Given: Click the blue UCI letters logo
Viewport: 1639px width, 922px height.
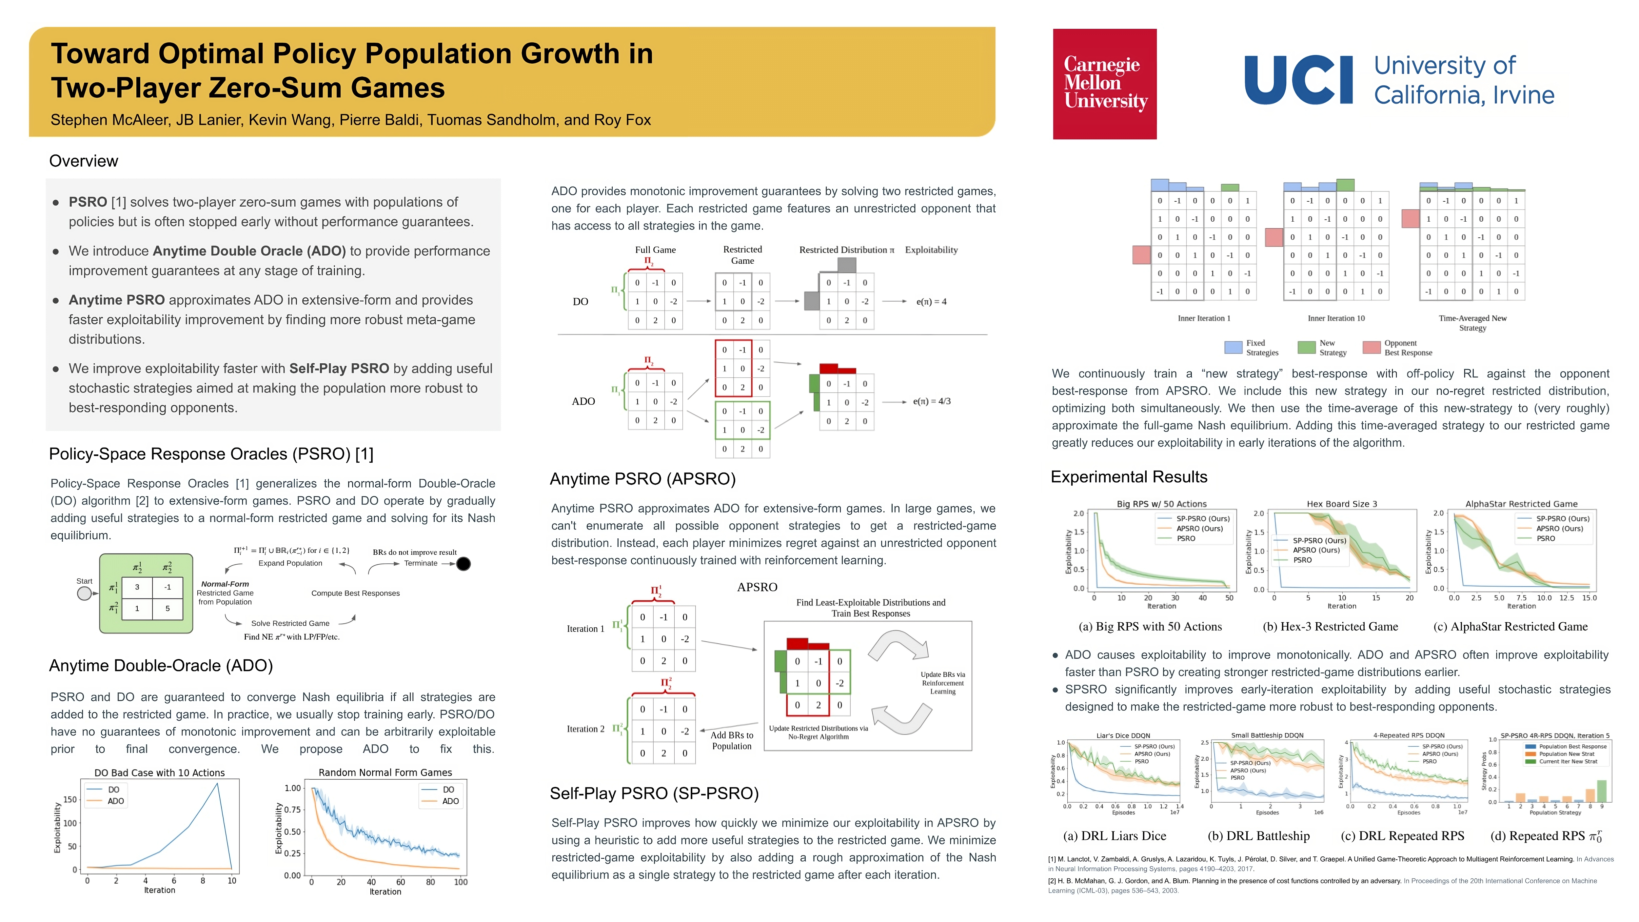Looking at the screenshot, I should click(1298, 80).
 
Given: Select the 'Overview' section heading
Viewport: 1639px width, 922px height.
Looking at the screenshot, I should click(83, 161).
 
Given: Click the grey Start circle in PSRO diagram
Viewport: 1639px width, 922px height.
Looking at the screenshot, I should click(84, 593).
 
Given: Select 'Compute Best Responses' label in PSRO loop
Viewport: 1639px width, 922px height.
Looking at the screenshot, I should click(355, 593).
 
